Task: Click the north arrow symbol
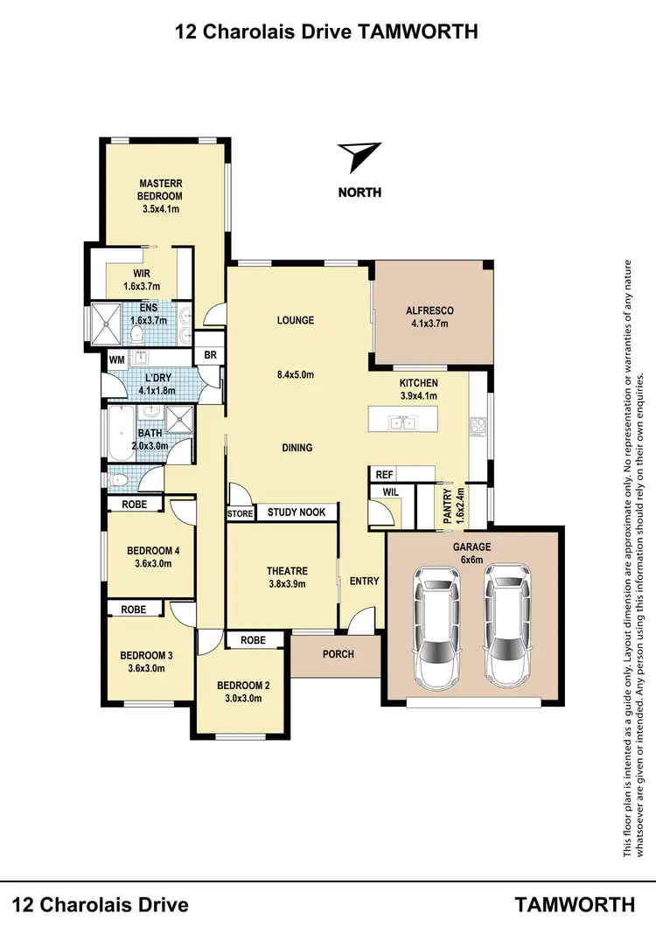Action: tap(359, 157)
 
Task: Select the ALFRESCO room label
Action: tap(429, 311)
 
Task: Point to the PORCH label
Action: tap(338, 653)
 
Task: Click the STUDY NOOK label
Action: tap(297, 512)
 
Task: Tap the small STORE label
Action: tap(240, 513)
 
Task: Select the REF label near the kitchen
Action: tap(383, 474)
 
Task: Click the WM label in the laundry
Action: tap(116, 359)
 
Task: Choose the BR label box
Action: tap(210, 355)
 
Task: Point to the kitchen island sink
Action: tap(402, 424)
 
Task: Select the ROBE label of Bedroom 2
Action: tap(254, 640)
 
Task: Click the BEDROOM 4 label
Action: tap(153, 550)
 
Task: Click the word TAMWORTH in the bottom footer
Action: tap(575, 903)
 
